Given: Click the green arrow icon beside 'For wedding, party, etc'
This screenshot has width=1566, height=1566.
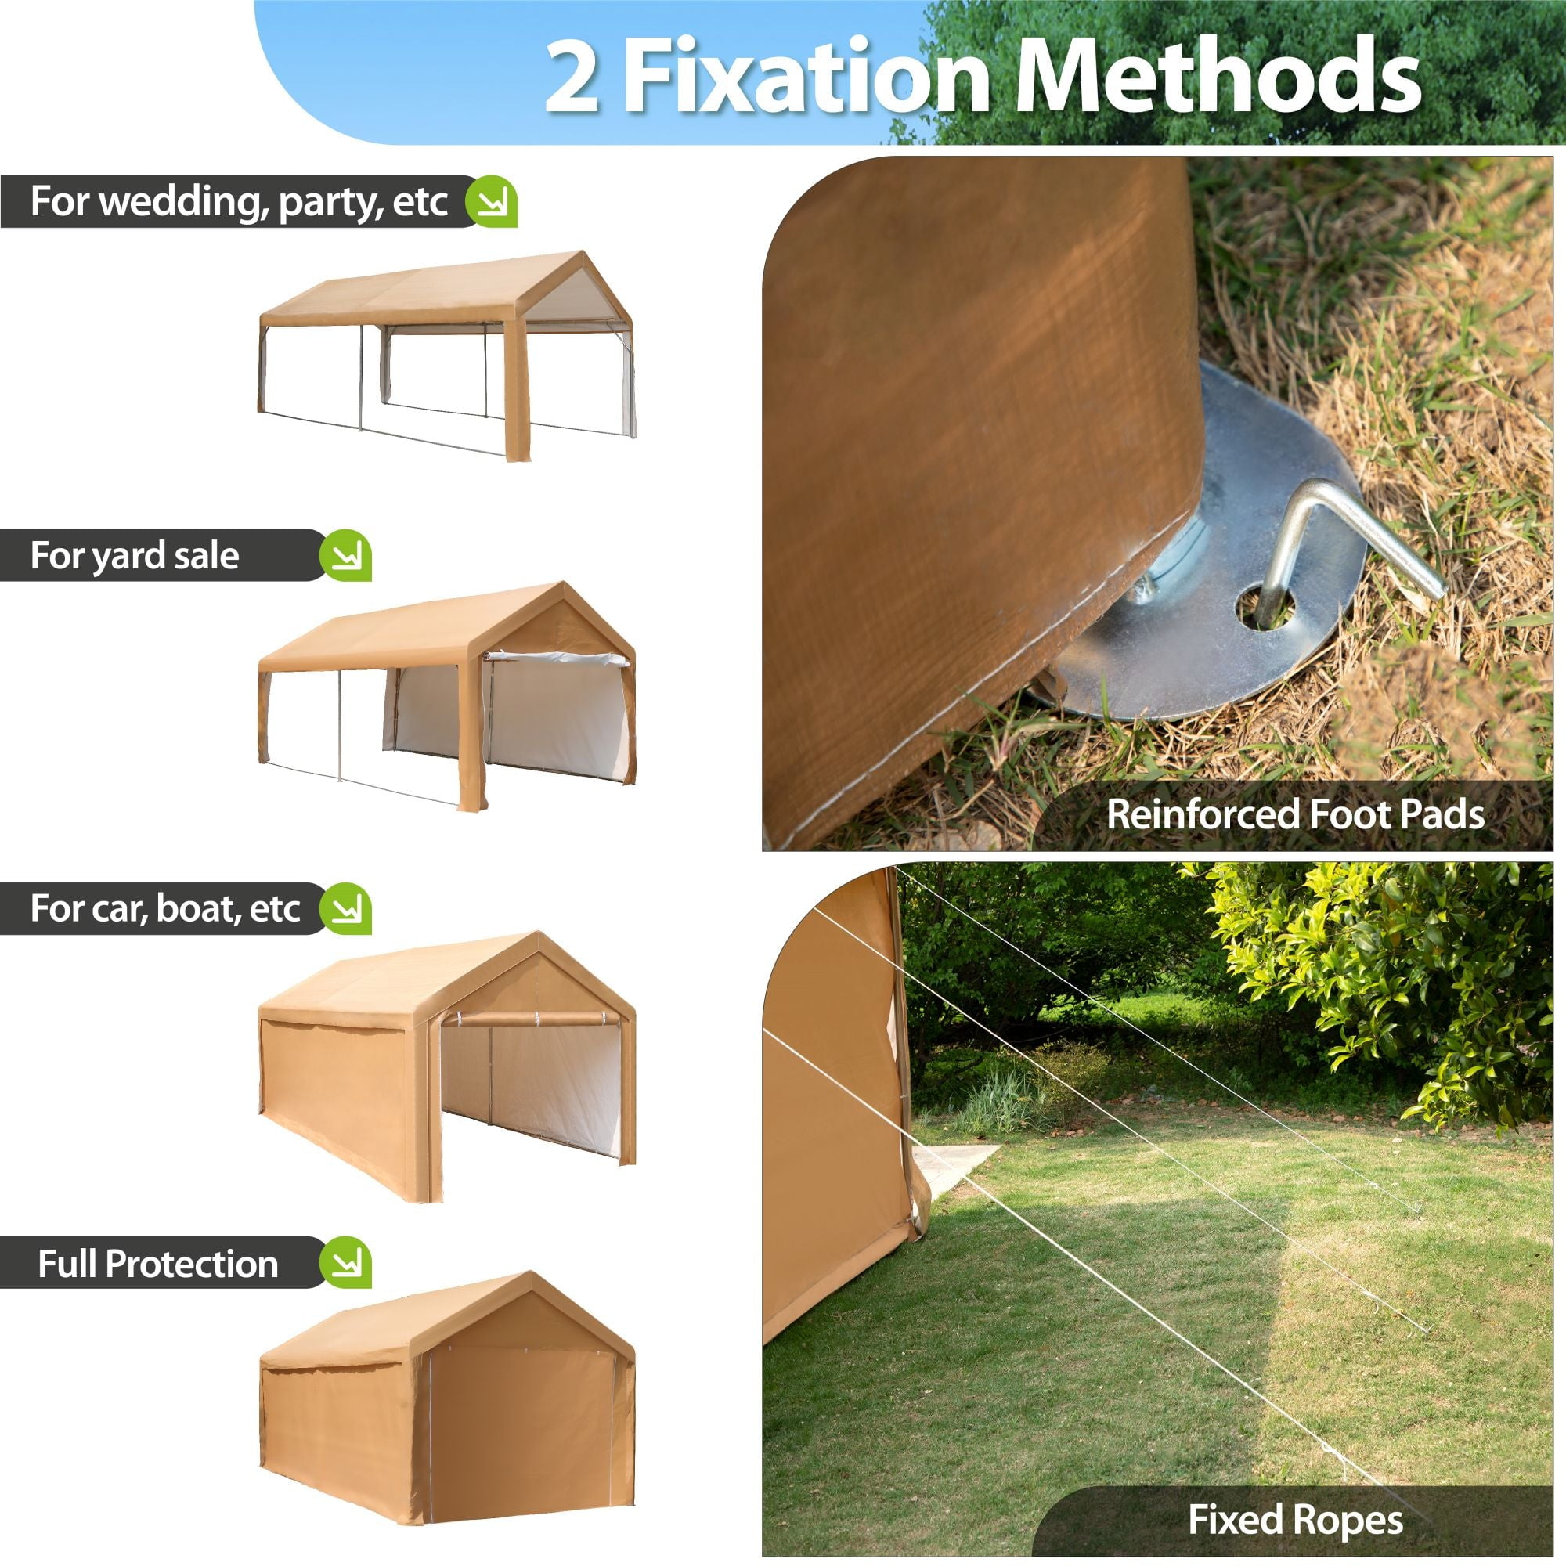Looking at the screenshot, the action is pos(491,201).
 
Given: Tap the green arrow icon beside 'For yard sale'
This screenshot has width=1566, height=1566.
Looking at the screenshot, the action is pos(345,555).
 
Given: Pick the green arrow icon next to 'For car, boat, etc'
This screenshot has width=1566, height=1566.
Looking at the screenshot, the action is pos(345,908).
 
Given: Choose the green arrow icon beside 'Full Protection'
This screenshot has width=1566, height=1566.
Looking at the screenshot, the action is pos(345,1262).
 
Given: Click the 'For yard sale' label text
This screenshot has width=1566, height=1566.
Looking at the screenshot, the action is pos(135,556).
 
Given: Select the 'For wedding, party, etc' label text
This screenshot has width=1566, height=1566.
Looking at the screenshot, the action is pos(239,202).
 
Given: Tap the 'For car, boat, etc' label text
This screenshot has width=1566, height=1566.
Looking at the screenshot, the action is pos(165,909).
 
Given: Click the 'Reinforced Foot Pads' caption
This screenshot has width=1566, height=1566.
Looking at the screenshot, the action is pos(1295,814).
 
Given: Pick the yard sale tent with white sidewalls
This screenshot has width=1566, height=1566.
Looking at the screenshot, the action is pos(447,697).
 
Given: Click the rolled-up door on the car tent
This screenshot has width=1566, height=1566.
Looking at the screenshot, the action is pos(531,1019).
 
